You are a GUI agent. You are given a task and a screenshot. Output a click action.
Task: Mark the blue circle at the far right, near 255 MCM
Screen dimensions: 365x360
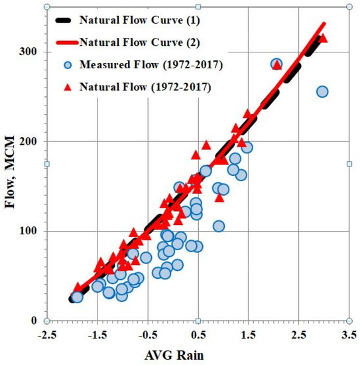click(322, 92)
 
